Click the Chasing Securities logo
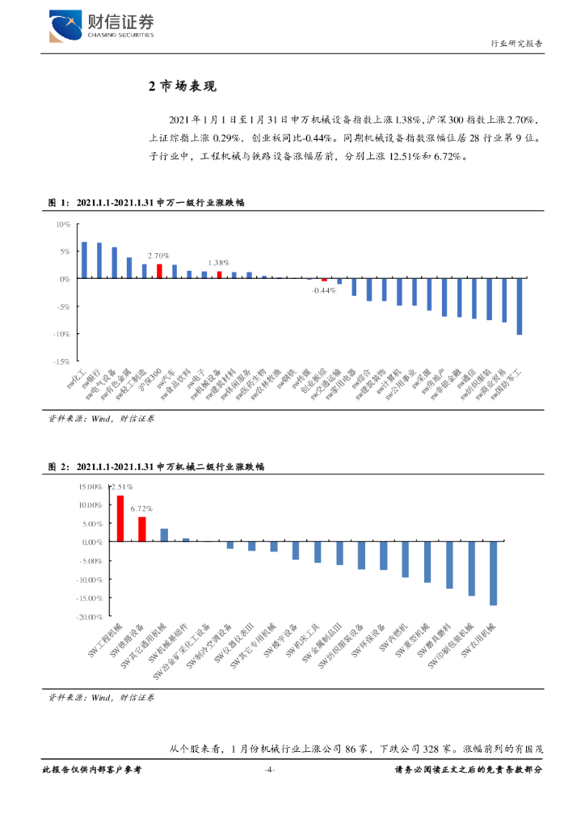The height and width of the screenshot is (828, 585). (x=102, y=27)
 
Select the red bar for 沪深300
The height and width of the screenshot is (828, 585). (x=159, y=271)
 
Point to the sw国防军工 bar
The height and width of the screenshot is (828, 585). (x=520, y=306)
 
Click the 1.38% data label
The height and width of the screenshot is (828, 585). (x=218, y=263)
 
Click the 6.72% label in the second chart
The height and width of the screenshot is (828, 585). (x=142, y=509)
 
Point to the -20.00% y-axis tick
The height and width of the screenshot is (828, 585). (x=90, y=616)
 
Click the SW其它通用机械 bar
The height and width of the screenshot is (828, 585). (x=164, y=535)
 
